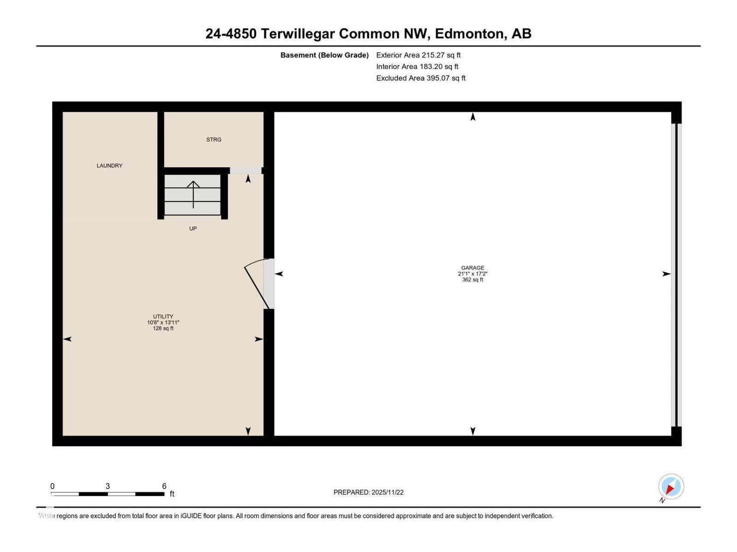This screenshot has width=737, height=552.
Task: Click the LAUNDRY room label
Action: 109,166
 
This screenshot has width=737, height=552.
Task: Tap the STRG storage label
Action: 214,139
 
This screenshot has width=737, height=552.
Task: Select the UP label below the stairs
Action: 193,229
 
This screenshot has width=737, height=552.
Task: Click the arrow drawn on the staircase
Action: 193,194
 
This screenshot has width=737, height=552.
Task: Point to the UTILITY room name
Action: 163,316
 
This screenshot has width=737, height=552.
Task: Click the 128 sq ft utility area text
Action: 163,328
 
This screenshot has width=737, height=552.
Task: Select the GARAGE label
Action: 473,268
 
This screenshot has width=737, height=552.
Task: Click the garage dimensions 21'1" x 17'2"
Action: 473,274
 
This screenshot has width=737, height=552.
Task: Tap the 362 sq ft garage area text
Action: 473,280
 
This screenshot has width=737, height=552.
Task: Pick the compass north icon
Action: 671,487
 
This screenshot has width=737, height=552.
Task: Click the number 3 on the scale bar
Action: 107,486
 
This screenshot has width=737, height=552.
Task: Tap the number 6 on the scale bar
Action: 164,486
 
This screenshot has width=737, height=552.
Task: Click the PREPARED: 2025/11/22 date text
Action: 368,492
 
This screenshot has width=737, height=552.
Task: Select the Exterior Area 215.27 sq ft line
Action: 418,55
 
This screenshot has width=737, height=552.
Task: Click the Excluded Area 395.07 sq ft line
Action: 421,78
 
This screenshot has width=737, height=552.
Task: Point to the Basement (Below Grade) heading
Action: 324,55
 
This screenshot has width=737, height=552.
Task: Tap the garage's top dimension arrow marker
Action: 473,117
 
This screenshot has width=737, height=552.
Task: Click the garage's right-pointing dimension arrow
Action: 666,274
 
